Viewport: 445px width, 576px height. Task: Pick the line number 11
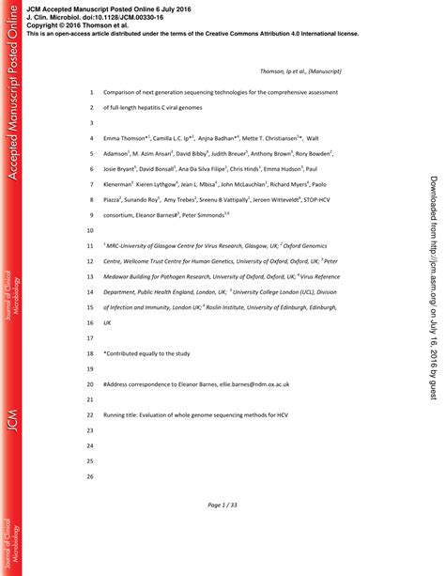[90, 245]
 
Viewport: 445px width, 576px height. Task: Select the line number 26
[90, 476]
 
